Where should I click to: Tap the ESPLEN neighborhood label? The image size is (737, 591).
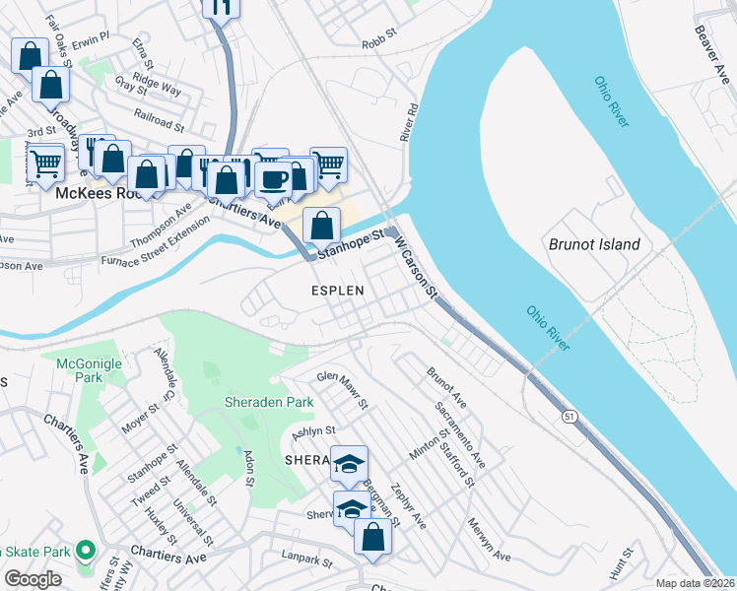[338, 292]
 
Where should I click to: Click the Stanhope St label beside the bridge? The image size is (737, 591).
[349, 242]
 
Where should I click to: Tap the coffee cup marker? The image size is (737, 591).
[273, 178]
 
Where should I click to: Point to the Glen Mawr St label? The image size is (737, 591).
[342, 390]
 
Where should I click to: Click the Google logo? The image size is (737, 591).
[33, 579]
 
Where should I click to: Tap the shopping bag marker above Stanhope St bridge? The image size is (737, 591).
[322, 225]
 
